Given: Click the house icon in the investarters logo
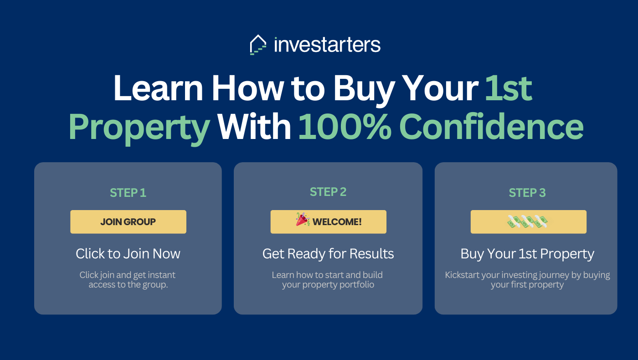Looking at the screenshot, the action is pyautogui.click(x=258, y=45).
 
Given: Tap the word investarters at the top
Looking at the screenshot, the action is pyautogui.click(x=327, y=45).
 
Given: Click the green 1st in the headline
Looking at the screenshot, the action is pyautogui.click(x=509, y=88).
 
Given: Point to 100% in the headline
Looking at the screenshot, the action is pyautogui.click(x=345, y=126).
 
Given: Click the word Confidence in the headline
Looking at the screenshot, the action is pyautogui.click(x=491, y=126).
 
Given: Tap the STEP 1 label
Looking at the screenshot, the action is pyautogui.click(x=128, y=193).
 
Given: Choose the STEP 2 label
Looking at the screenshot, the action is pyautogui.click(x=328, y=192).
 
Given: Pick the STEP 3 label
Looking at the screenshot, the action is pyautogui.click(x=527, y=193).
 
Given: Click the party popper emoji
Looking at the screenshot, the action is pyautogui.click(x=303, y=219).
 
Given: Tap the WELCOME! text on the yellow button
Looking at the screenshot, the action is pyautogui.click(x=337, y=222).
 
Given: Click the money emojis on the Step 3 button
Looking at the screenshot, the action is pyautogui.click(x=528, y=221).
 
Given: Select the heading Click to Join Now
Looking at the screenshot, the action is pyautogui.click(x=128, y=253).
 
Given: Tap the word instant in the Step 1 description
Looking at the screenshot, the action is pyautogui.click(x=162, y=275).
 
